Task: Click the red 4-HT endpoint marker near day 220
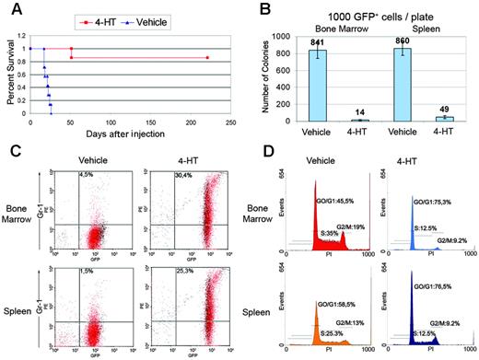point(207,58)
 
